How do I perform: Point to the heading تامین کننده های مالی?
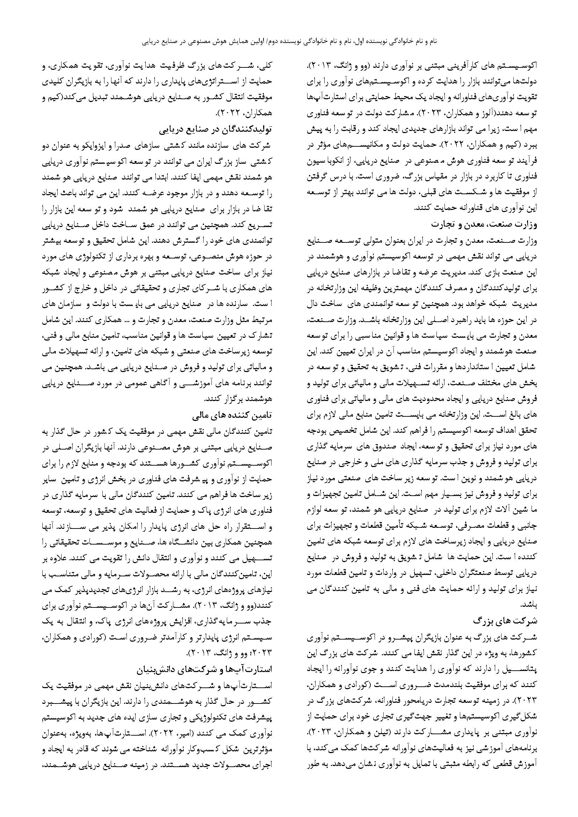coord(233,415)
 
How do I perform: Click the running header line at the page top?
coord(289,41)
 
